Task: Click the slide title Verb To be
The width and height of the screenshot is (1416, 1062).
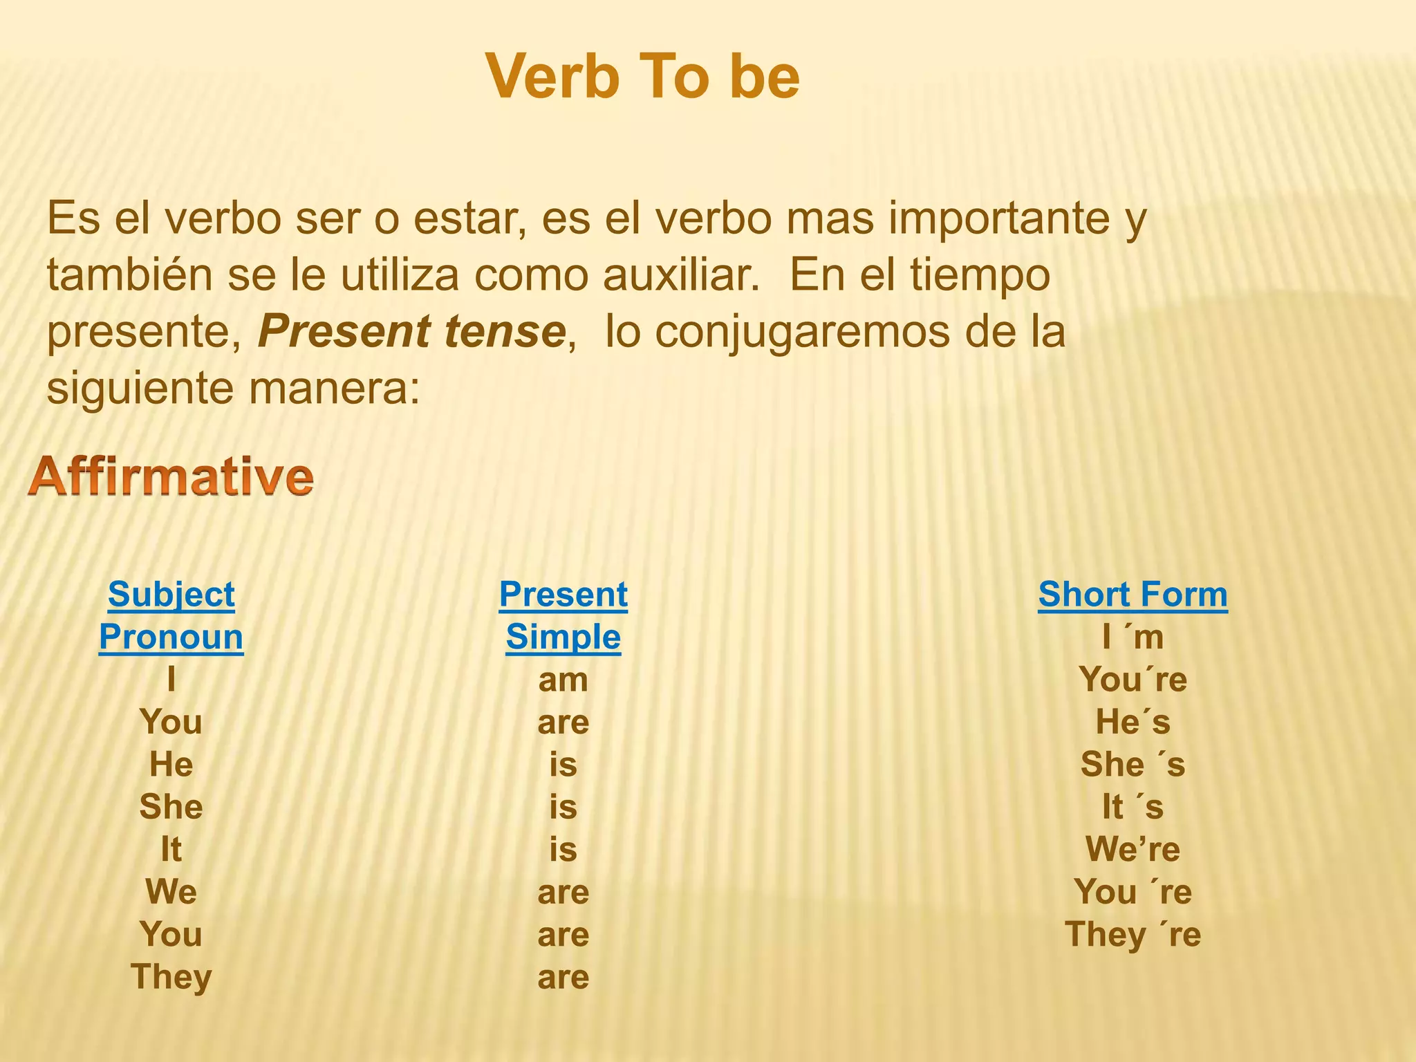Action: (642, 77)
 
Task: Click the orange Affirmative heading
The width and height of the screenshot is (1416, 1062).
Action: (171, 477)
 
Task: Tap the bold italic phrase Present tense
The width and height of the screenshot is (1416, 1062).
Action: (412, 331)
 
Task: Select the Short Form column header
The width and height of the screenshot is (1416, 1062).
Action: (1133, 595)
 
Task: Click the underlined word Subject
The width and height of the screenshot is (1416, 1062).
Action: (171, 595)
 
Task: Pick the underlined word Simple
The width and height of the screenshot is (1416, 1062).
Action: (563, 637)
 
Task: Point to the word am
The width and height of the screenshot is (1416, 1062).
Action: (563, 680)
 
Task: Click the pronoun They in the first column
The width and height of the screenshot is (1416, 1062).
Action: (171, 977)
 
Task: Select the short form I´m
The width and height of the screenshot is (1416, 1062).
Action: (1133, 637)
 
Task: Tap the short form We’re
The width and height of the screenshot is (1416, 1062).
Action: (1133, 849)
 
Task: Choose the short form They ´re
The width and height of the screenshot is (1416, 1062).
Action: (1133, 935)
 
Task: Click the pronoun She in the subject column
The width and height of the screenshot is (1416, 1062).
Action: (171, 807)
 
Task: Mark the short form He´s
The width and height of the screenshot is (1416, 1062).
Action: (1133, 722)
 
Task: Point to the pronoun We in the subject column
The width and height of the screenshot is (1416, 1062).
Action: (171, 892)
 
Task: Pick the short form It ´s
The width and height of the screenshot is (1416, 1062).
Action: (1133, 807)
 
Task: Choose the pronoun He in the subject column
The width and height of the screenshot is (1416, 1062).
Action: (171, 765)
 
